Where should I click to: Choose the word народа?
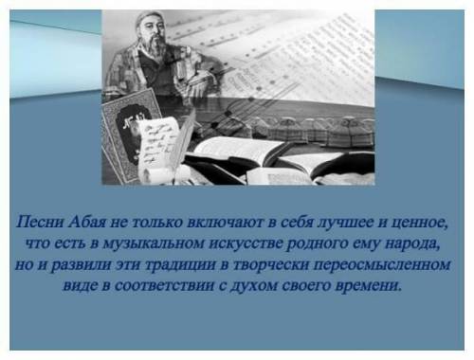point(412,244)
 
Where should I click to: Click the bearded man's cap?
point(149,17)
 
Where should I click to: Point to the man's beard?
point(155,45)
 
